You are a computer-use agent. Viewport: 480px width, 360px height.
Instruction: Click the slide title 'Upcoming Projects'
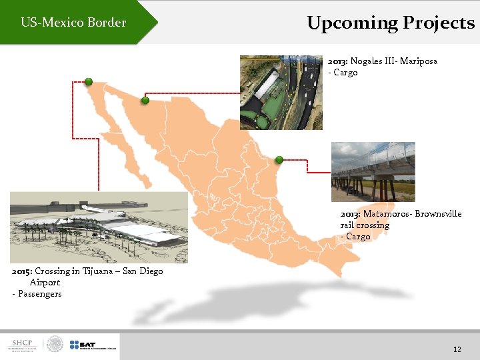pos(391,23)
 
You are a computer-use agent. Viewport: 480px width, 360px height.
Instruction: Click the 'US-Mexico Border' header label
pos(73,23)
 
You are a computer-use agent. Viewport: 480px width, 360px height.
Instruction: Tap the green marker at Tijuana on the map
pos(88,81)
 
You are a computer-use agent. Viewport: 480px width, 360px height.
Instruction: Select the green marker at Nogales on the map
pos(145,101)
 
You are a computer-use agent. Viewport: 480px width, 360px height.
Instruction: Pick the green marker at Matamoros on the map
pos(279,159)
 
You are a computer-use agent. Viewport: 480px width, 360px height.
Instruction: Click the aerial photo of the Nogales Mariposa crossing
pos(281,92)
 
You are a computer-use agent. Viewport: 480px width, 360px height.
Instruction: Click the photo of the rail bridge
pos(373,171)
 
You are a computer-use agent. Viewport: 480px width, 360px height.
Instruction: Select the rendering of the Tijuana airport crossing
pos(99,227)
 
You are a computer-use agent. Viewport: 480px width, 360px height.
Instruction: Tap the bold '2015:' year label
pos(22,271)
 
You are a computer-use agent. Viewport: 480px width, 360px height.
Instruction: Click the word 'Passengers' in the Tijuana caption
pos(40,294)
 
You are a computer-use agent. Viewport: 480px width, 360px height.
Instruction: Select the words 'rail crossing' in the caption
pos(365,225)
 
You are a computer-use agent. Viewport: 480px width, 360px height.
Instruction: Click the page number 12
pos(457,349)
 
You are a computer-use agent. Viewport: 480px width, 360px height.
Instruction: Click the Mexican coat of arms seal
pos(55,345)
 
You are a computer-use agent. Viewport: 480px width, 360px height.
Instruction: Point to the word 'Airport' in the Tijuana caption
pos(45,283)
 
